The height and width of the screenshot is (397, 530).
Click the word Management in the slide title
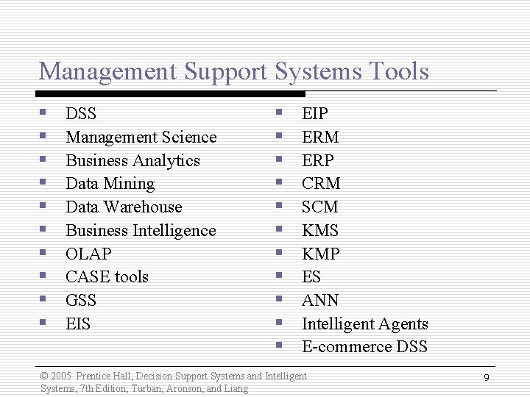(108, 72)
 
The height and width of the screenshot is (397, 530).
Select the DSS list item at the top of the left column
(81, 114)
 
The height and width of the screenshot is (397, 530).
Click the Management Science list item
(141, 137)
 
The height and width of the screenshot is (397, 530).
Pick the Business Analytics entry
(132, 161)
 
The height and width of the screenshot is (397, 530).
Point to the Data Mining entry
(110, 184)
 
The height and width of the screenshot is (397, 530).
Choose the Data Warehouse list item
(124, 207)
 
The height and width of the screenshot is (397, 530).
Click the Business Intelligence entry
(141, 231)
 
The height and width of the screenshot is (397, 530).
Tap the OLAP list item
(88, 254)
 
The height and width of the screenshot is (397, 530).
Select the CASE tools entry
(107, 277)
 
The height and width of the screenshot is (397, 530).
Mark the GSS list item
(81, 301)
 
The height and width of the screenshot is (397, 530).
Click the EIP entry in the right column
(315, 114)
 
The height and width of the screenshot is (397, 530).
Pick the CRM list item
(321, 184)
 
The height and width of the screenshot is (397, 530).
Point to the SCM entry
(320, 207)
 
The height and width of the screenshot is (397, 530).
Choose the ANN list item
(320, 301)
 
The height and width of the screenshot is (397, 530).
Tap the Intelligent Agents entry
(364, 324)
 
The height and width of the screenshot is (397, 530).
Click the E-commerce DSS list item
(364, 347)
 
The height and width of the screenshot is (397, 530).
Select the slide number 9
(487, 377)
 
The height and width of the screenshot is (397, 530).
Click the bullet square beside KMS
(280, 229)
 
